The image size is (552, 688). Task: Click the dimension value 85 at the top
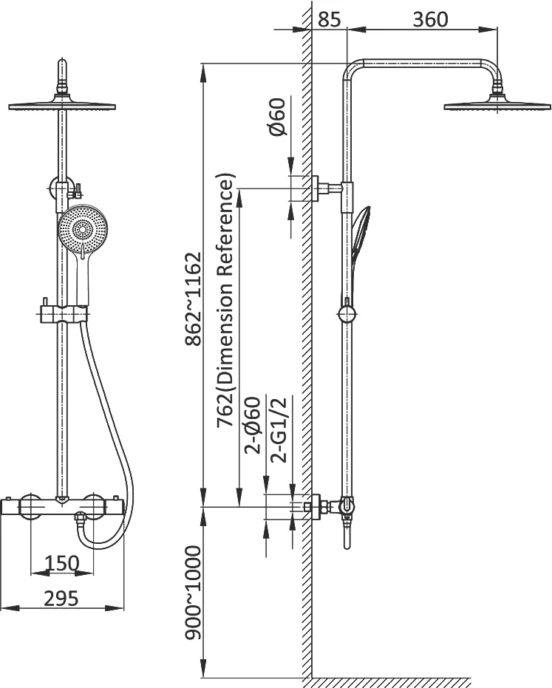pyautogui.click(x=329, y=20)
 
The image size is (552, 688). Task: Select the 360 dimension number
pyautogui.click(x=431, y=20)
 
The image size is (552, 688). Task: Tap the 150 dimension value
pyautogui.click(x=62, y=563)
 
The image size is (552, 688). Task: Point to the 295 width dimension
pyautogui.click(x=61, y=599)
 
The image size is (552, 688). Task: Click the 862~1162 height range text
pyautogui.click(x=193, y=299)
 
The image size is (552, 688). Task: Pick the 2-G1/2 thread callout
pyautogui.click(x=279, y=429)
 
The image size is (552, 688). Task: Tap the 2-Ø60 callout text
pyautogui.click(x=253, y=425)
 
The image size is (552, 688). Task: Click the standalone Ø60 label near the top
pyautogui.click(x=278, y=117)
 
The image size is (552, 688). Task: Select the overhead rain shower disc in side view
pyautogui.click(x=497, y=106)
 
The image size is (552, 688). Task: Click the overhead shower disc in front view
pyautogui.click(x=62, y=106)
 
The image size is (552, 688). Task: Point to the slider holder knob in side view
pyautogui.click(x=347, y=315)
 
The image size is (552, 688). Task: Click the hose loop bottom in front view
pyautogui.click(x=106, y=545)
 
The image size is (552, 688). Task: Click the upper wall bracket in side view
pyautogui.click(x=327, y=188)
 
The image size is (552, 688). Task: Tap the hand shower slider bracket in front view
pyautogui.click(x=62, y=314)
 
